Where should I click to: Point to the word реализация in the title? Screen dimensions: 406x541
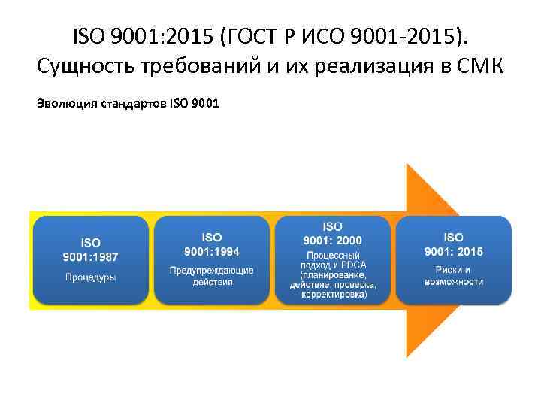[368, 66]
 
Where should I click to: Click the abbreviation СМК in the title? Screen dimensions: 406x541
[480, 66]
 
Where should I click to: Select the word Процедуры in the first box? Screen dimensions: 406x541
[90, 277]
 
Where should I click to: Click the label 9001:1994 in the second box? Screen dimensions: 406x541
[212, 251]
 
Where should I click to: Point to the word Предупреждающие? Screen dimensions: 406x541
[212, 271]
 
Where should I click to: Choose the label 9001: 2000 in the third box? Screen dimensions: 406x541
[332, 240]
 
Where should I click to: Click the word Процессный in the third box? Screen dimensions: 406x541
[332, 256]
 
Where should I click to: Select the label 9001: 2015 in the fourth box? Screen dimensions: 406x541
[454, 251]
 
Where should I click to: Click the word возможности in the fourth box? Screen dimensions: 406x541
[454, 281]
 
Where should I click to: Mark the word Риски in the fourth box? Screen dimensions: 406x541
[453, 270]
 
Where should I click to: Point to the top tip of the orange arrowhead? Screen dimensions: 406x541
[407, 164]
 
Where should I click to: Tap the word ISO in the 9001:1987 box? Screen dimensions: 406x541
[90, 243]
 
